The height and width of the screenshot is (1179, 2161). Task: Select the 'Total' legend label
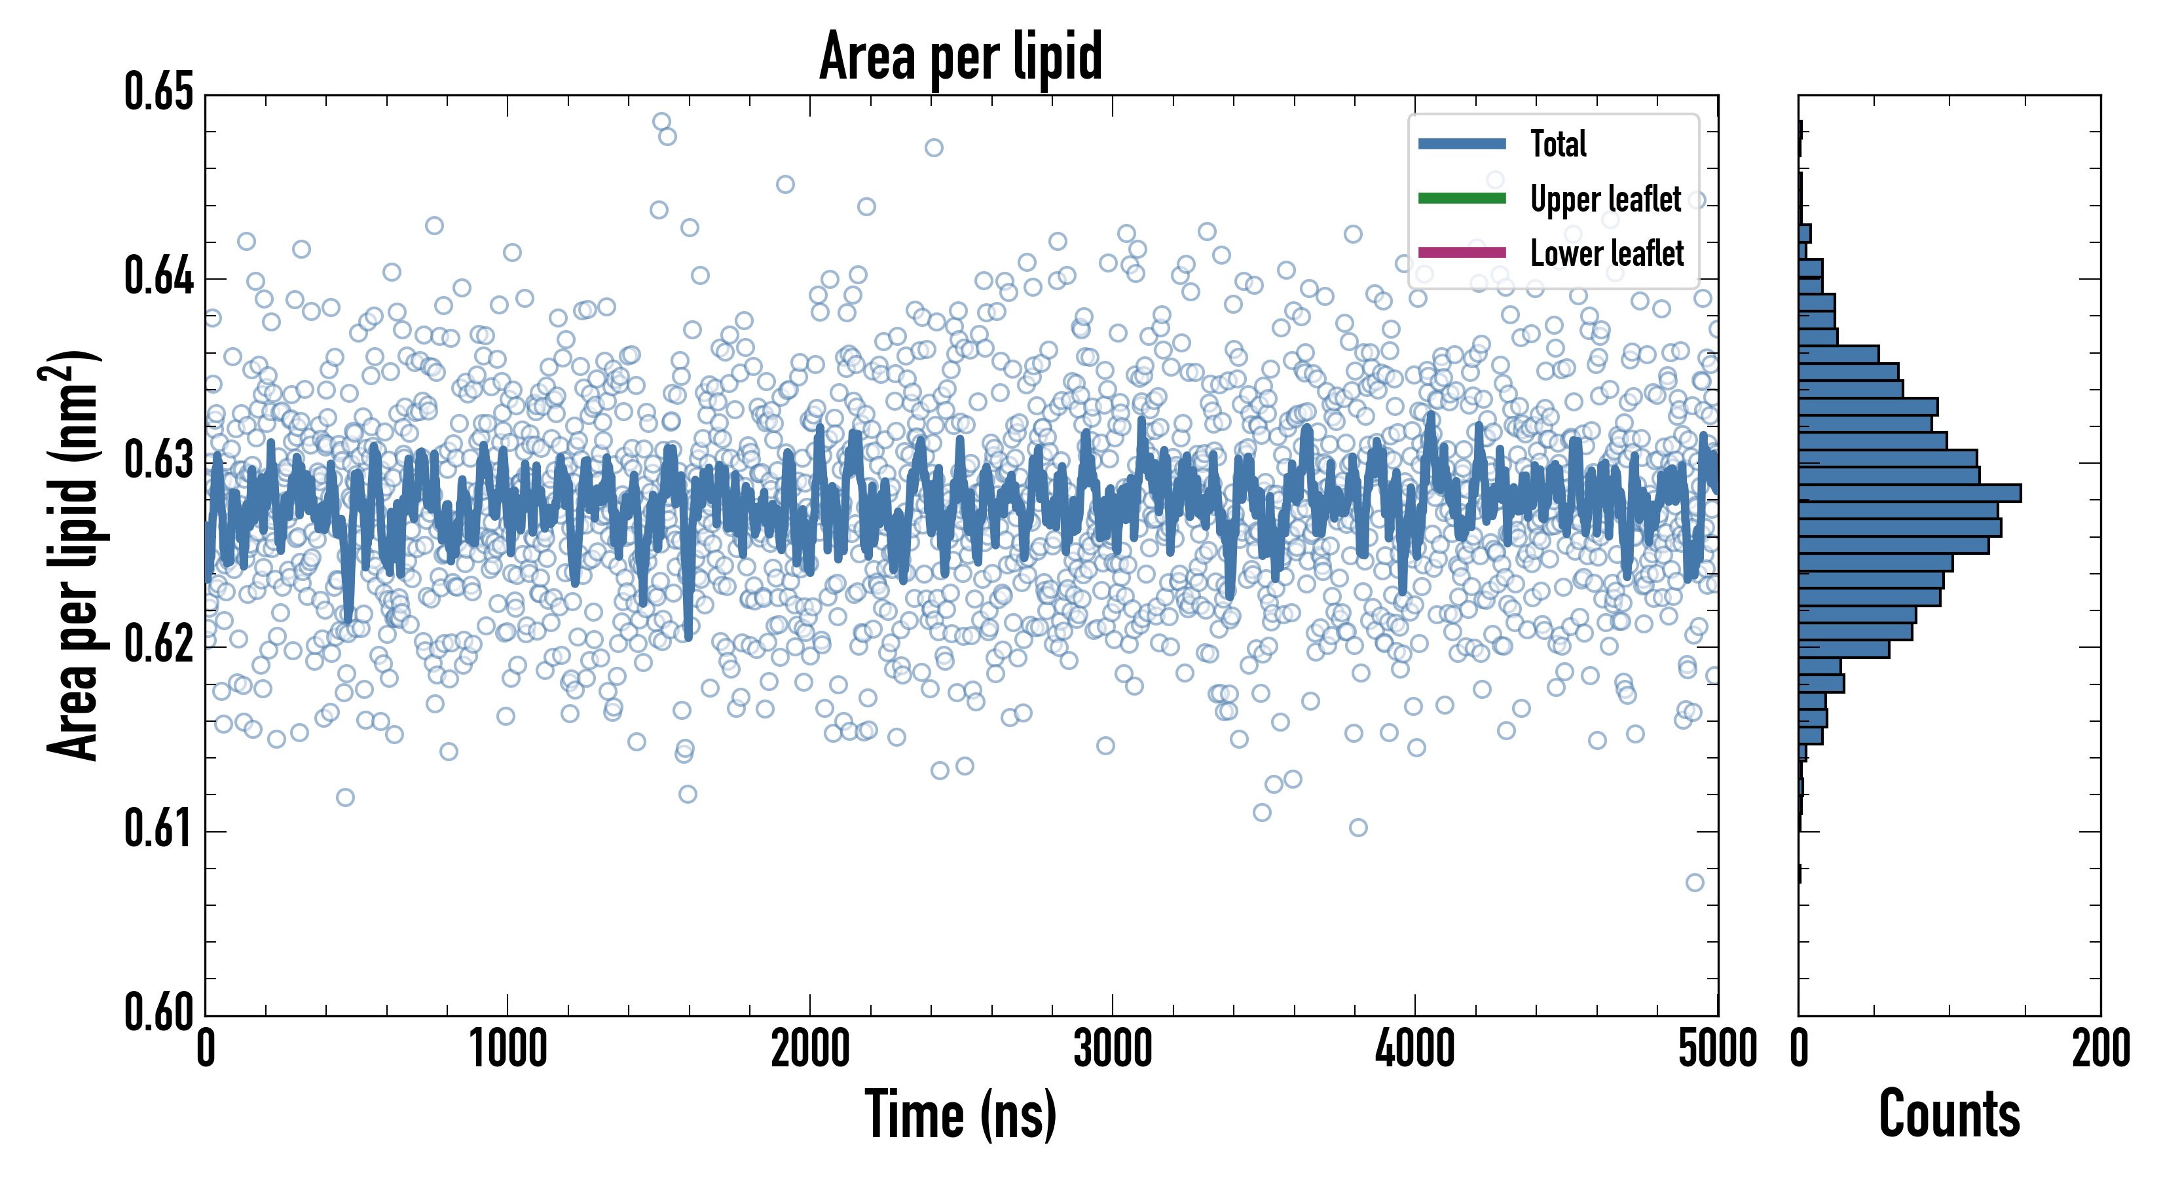pyautogui.click(x=1558, y=143)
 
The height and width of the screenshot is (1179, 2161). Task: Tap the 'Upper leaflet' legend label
pyautogui.click(x=1605, y=199)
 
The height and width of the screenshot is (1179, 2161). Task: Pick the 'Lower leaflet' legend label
pyautogui.click(x=1606, y=253)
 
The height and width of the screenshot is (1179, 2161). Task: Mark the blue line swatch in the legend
pyautogui.click(x=1462, y=143)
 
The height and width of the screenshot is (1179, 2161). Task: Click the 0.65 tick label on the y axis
pyautogui.click(x=158, y=92)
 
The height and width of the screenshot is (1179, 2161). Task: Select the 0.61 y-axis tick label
pyautogui.click(x=158, y=829)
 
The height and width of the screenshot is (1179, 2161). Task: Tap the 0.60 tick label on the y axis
pyautogui.click(x=158, y=1012)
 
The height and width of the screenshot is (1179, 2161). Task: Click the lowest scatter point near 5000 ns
pyautogui.click(x=1695, y=882)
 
